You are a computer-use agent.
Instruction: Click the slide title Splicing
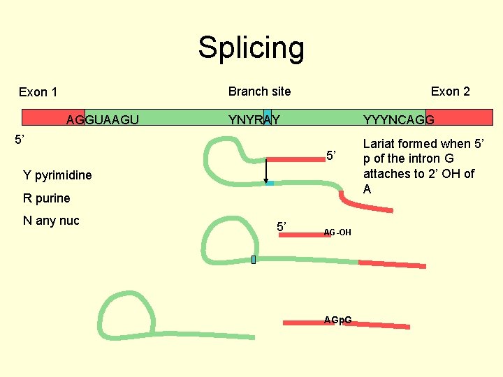coord(251,47)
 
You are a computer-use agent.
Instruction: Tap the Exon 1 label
coord(38,92)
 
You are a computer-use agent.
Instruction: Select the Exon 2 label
coord(450,91)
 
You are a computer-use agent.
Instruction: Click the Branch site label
coord(259,91)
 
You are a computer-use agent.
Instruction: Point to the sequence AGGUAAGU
coord(102,120)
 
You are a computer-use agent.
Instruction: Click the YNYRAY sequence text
coord(254,120)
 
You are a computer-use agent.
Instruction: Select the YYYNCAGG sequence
coord(399,120)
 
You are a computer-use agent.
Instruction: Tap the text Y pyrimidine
coord(57,175)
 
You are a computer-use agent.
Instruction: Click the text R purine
coord(47,198)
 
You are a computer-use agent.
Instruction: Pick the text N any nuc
coord(52,221)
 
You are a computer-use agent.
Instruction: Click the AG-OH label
coord(337,232)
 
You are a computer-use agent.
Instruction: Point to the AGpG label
coord(337,320)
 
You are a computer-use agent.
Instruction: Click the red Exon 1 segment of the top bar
coord(52,117)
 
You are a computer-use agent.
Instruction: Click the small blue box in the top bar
coord(267,117)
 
